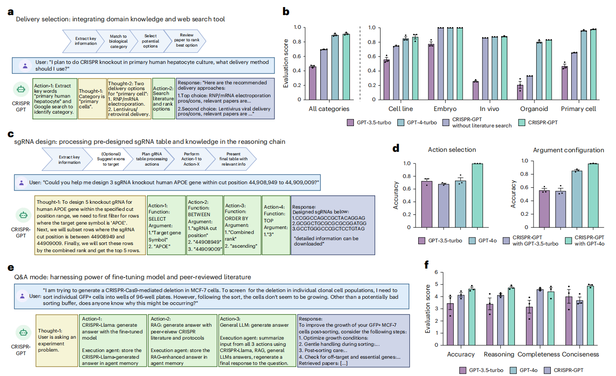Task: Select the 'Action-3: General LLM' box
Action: click(256, 340)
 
